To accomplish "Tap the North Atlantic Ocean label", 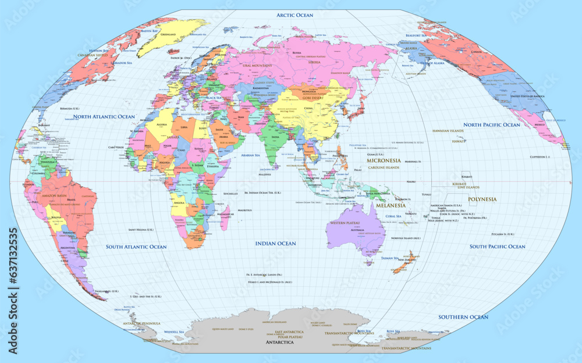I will (x=104, y=117).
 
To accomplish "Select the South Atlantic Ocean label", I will (x=136, y=247).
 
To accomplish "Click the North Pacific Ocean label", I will (x=491, y=125).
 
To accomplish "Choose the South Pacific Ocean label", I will (x=497, y=247).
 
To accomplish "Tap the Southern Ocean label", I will (x=463, y=317).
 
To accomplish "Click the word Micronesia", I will (x=382, y=160).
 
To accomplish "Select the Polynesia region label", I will (x=482, y=199).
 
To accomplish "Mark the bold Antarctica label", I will (x=279, y=343).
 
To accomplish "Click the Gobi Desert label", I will (x=315, y=98).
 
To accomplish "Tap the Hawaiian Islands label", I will (x=448, y=131).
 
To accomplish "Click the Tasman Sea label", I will (x=389, y=258).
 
